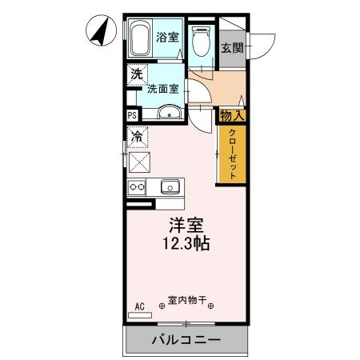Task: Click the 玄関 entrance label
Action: [x=232, y=46]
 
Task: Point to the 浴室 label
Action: [x=167, y=37]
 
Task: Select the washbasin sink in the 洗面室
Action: [x=168, y=113]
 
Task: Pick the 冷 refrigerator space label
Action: [x=137, y=136]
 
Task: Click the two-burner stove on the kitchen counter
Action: [x=136, y=187]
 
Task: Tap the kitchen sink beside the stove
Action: [x=169, y=187]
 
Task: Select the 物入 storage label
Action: [x=231, y=116]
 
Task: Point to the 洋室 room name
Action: [x=184, y=226]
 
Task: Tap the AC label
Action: [x=139, y=306]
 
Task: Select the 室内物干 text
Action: [x=186, y=302]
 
